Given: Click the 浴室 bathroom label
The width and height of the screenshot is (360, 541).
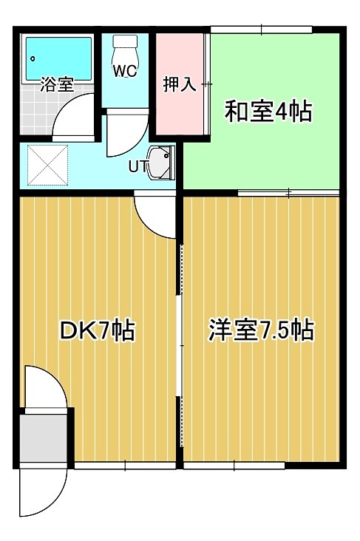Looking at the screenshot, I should (x=56, y=84).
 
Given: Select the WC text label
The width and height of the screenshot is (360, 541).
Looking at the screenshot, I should (x=123, y=71).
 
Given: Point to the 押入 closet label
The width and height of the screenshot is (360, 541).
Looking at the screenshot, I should (x=179, y=84).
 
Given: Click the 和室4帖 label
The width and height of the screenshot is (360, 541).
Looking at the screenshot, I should (x=268, y=112).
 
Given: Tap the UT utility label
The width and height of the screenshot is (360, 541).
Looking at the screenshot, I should (x=137, y=166).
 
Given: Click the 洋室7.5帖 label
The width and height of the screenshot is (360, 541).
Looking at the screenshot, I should (x=260, y=330).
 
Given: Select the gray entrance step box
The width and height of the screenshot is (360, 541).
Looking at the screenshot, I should (x=44, y=435).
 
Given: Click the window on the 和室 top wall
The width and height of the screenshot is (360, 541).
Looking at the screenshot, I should (x=262, y=30).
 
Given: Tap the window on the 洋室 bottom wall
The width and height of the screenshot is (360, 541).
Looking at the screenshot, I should (x=234, y=466).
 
